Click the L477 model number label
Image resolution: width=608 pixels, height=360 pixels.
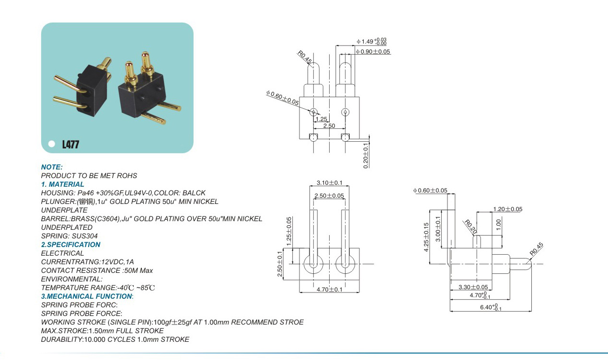70,144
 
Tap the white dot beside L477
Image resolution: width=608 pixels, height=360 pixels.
52,144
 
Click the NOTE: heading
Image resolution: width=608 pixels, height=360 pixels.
52,167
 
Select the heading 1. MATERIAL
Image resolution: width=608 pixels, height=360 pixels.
62,184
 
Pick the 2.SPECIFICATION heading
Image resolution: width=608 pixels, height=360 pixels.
70,245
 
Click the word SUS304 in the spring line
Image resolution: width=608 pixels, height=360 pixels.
84,236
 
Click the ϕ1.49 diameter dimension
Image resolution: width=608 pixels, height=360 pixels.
372,42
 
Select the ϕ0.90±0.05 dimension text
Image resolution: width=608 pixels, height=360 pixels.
373,52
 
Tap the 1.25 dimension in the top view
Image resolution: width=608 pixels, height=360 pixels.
321,119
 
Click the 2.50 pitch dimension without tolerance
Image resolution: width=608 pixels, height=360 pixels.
329,126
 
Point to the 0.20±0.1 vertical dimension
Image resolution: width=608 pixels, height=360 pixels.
366,156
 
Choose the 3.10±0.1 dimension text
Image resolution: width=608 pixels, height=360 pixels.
330,183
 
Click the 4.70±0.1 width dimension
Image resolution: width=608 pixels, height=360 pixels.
330,290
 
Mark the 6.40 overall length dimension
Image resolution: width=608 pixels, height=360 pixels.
491,307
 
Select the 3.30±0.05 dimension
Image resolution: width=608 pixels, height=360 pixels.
473,287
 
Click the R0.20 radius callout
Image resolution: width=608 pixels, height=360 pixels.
470,227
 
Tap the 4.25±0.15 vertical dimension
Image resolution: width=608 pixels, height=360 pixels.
426,237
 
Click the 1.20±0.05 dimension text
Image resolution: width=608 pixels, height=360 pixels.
507,209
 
